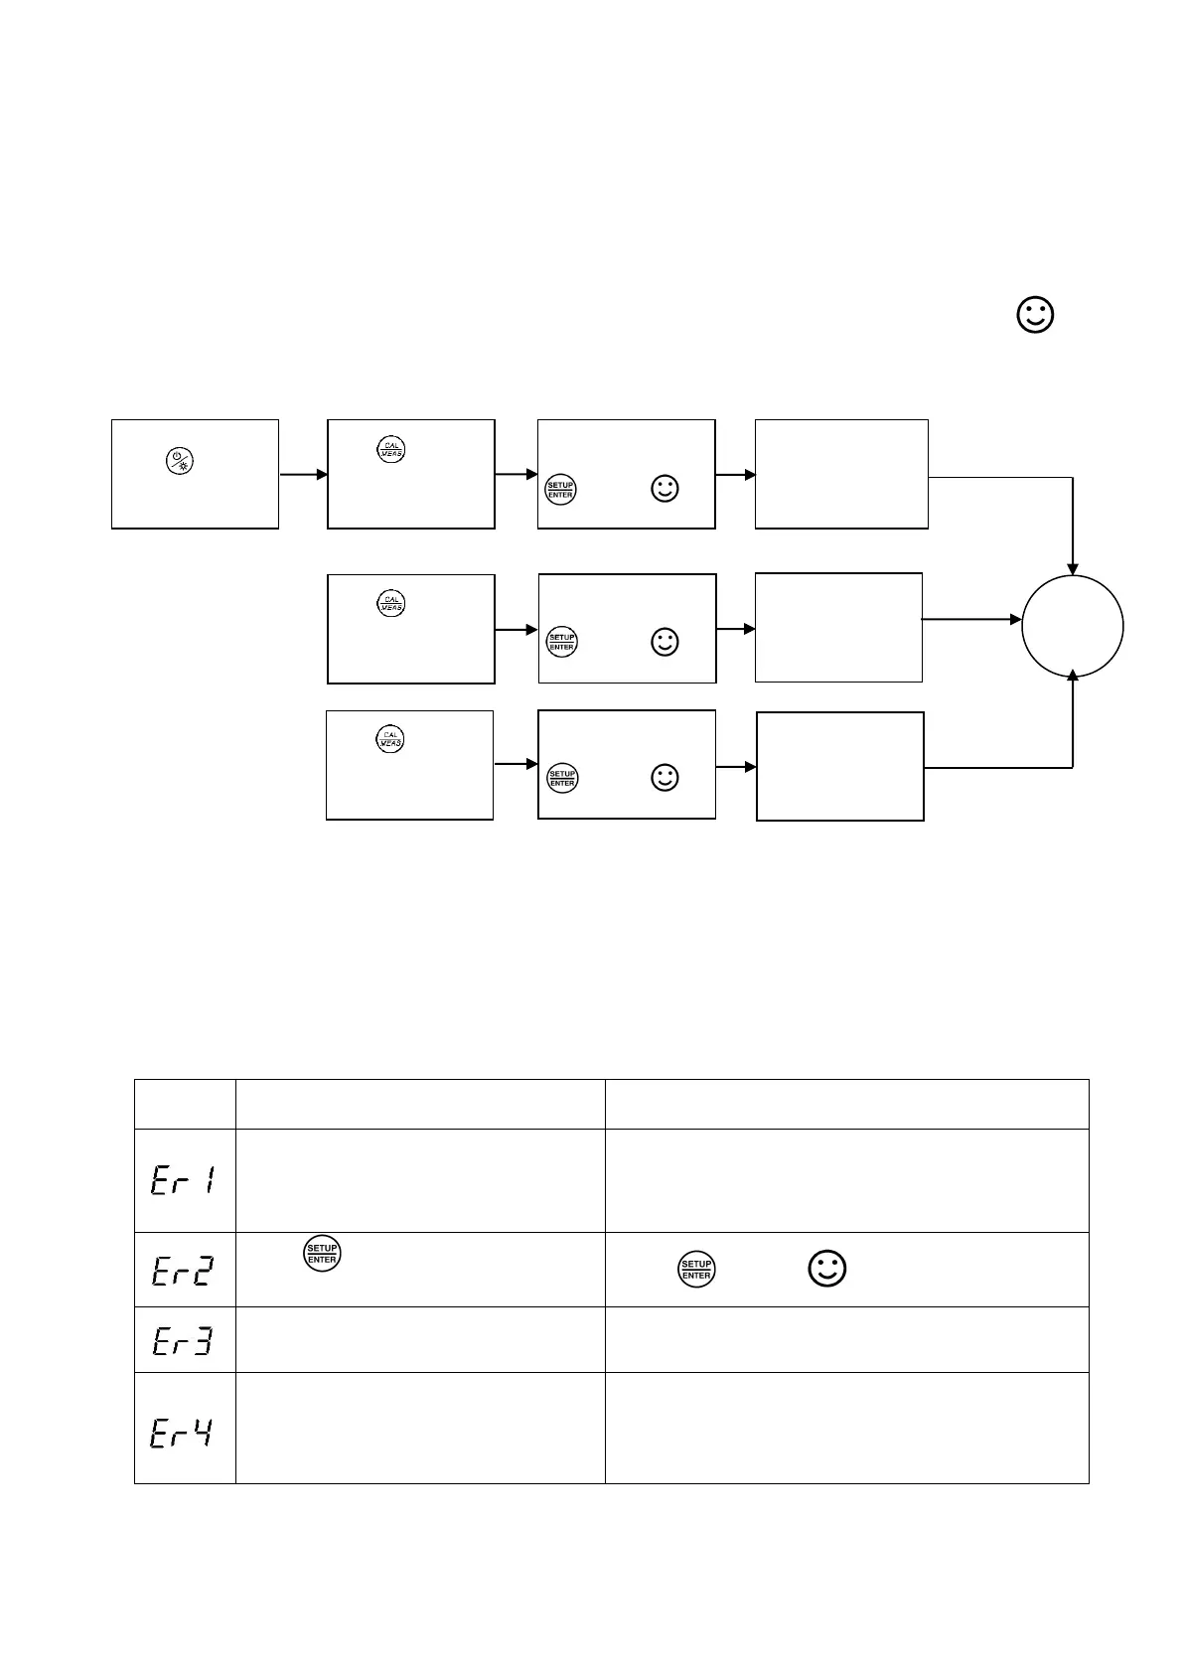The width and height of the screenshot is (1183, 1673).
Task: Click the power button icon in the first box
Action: click(180, 460)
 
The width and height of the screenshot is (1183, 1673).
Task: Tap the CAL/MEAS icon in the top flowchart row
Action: click(391, 449)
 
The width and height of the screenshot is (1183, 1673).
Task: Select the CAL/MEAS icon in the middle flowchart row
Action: click(391, 603)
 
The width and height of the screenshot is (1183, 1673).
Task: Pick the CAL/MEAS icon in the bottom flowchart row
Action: click(390, 739)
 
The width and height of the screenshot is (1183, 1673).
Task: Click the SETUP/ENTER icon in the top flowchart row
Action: click(561, 490)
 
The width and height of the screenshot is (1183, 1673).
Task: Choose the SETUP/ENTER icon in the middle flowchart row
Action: click(562, 642)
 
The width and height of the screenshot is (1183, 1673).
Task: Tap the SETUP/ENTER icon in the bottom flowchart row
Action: click(562, 778)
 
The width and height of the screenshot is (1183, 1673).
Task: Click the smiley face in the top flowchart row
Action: click(665, 489)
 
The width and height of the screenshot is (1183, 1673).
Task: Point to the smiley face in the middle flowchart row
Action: click(665, 642)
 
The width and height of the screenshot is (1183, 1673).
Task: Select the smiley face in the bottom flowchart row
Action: click(665, 778)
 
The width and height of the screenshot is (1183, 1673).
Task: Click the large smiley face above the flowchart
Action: click(1035, 315)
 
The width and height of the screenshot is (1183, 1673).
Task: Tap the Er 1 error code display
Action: click(184, 1180)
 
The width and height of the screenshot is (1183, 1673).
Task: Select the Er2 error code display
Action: click(184, 1270)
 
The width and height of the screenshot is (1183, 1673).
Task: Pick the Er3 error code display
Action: click(184, 1340)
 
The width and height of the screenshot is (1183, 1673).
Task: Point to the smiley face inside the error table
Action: click(827, 1270)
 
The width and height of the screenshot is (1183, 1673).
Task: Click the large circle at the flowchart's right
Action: click(1073, 626)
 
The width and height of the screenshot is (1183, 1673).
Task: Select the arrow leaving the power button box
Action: click(303, 475)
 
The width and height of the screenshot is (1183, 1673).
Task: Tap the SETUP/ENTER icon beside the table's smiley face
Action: click(696, 1270)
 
